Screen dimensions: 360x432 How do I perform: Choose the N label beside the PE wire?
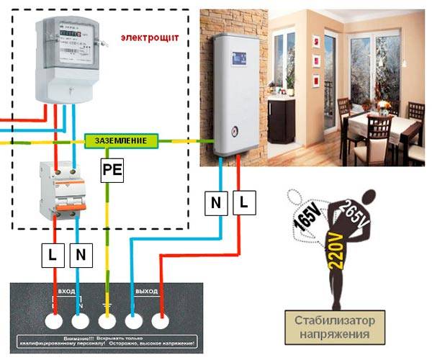tap(81, 253)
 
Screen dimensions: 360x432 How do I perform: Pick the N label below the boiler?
tap(216, 204)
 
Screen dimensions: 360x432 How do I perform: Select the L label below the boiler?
tap(243, 204)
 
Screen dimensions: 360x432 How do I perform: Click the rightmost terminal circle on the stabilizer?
tap(161, 320)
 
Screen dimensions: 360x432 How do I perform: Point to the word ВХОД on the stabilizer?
tap(67, 291)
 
